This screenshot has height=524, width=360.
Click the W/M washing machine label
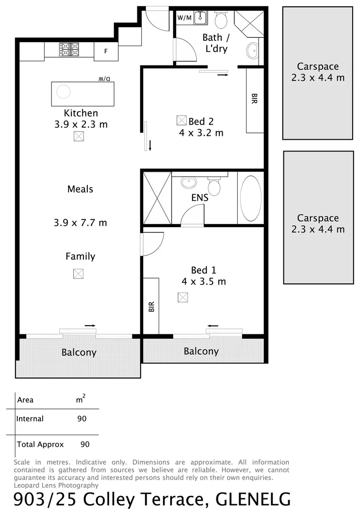point(184,18)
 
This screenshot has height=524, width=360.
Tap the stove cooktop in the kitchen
point(69,49)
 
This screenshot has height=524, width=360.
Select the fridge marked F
point(106,51)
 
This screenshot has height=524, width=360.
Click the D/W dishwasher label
point(106,79)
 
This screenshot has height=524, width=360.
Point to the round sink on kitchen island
point(63,91)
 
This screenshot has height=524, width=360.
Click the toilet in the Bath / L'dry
point(221,20)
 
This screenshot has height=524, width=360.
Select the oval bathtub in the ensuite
point(250,198)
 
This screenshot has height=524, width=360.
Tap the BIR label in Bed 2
point(254,99)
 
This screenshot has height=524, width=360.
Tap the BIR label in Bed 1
point(151,306)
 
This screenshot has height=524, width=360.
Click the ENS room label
point(200,198)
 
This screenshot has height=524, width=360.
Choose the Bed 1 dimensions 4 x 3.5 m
point(204,281)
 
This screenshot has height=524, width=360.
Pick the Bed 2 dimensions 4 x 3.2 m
point(201,132)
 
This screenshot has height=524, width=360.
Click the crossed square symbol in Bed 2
point(181,120)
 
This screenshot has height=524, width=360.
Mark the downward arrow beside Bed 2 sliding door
point(150,146)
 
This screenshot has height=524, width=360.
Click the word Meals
point(80,189)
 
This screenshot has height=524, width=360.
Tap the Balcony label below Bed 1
point(201,351)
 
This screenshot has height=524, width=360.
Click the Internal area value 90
point(82,419)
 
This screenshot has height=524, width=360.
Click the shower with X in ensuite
point(157,198)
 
